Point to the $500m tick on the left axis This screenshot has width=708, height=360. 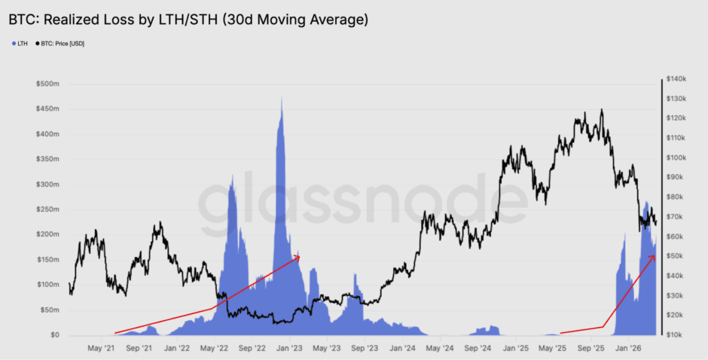[x=48, y=84]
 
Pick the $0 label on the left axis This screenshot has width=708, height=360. [x=55, y=335]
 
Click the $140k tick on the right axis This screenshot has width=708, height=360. [x=674, y=79]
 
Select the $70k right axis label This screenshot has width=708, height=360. [x=674, y=217]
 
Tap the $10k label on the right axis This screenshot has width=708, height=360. [x=674, y=334]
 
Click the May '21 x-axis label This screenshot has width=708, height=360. [x=101, y=349]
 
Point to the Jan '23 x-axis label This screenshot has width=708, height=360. [x=289, y=349]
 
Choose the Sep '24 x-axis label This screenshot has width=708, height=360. [x=478, y=349]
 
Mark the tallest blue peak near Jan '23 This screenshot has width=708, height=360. [x=282, y=98]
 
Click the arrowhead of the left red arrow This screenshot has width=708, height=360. [x=298, y=257]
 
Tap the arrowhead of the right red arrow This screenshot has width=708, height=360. [x=654, y=256]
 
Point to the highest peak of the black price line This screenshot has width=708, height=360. [x=601, y=110]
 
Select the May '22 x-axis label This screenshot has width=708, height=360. [x=214, y=349]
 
